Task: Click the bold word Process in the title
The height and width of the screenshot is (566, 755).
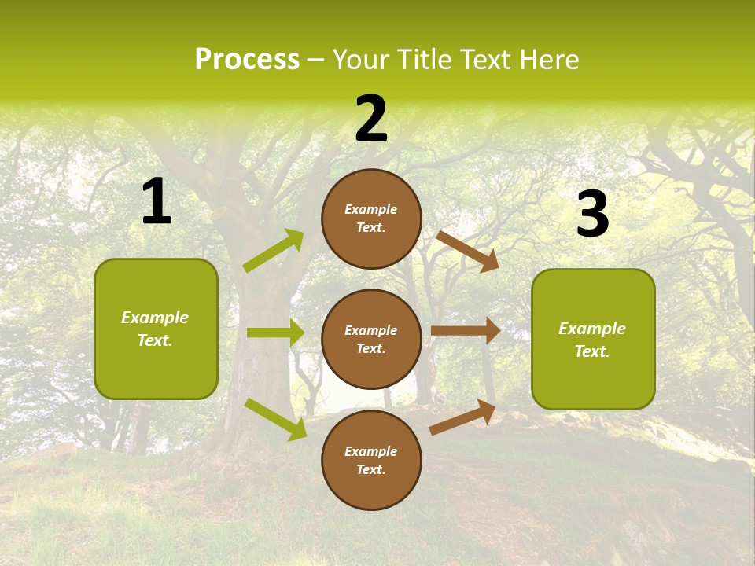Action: pyautogui.click(x=247, y=60)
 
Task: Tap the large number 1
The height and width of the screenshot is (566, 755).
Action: pyautogui.click(x=157, y=202)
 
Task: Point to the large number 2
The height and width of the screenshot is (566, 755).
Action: pyautogui.click(x=371, y=119)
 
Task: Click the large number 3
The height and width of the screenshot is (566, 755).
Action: pyautogui.click(x=592, y=215)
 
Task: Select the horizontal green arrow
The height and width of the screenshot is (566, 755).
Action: pyautogui.click(x=275, y=333)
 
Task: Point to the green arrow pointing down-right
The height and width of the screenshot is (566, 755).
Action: pyautogui.click(x=276, y=419)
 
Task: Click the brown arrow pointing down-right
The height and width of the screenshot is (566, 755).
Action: pyautogui.click(x=467, y=251)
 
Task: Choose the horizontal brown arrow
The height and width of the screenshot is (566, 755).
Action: pyautogui.click(x=466, y=331)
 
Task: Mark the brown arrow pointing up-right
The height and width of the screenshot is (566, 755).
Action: pyautogui.click(x=462, y=417)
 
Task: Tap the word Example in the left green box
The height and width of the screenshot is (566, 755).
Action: pyautogui.click(x=155, y=318)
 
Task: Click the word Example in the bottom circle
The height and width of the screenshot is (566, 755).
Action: pyautogui.click(x=371, y=451)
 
